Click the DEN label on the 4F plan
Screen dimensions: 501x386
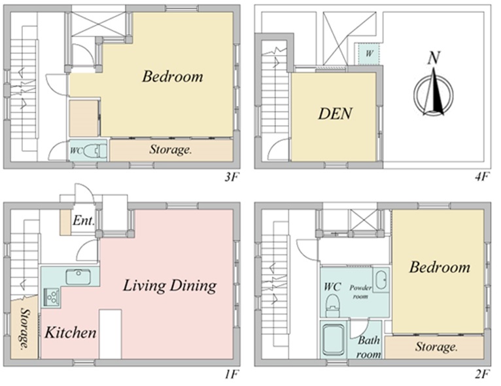tap(335, 113)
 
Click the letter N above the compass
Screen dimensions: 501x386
tap(434, 58)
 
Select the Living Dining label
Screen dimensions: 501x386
tap(169, 286)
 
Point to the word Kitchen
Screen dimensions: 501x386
tap(70, 332)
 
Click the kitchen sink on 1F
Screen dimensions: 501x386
tap(78, 277)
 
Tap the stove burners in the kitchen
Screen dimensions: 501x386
tap(51, 297)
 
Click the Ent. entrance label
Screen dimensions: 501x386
tap(84, 221)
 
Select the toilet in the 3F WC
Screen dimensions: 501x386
tap(95, 151)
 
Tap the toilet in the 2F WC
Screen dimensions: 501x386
tap(333, 305)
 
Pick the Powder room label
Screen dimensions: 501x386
tap(360, 292)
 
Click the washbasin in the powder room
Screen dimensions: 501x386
tap(381, 280)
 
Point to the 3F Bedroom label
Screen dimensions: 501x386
tap(173, 77)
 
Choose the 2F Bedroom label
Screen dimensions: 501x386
tap(440, 267)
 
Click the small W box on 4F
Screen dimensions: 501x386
tap(370, 53)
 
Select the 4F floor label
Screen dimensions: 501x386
tap(481, 177)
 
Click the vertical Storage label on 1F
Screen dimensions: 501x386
tap(24, 328)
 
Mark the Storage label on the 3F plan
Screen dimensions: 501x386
tap(171, 150)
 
